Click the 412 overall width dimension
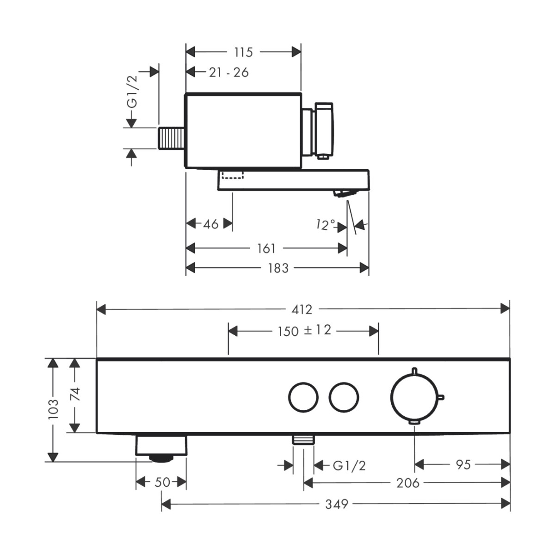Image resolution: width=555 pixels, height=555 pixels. pos(302,309)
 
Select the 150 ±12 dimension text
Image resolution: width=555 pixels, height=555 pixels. pos(304,331)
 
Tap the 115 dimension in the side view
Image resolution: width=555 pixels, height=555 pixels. pos(243,52)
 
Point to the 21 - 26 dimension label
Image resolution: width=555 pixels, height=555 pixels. pos(228,73)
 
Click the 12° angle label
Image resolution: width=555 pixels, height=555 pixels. pos(326,225)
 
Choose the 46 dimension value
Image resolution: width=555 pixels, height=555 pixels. pos(211,224)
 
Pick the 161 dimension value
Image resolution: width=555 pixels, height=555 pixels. pos(266,248)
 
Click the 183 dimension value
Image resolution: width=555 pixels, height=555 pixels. pos(278,268)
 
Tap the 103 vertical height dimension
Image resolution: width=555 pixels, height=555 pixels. pos(54,409)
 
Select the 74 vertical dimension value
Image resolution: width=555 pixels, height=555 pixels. pos(76,395)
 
